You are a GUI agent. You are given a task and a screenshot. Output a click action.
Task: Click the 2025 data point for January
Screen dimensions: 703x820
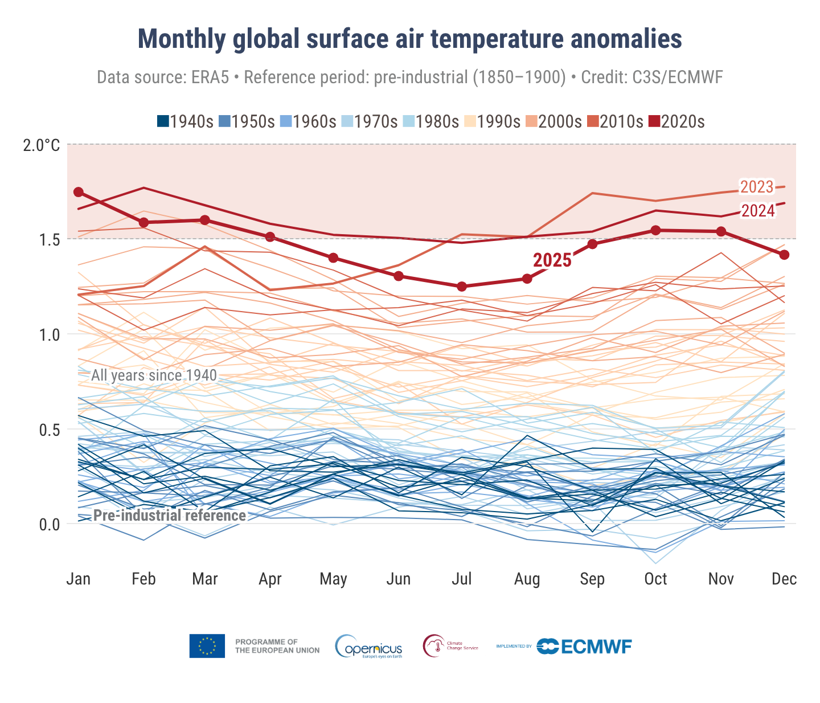click(x=79, y=192)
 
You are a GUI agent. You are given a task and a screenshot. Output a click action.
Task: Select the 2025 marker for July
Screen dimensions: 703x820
click(x=462, y=287)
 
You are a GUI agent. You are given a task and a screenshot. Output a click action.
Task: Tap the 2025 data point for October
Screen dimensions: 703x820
click(x=655, y=230)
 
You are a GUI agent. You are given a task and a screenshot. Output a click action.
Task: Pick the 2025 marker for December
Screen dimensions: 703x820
click(x=784, y=255)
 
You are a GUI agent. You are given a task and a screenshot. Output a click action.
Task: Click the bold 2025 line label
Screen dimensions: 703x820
click(x=552, y=260)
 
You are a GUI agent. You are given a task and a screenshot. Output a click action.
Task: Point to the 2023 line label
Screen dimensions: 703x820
click(x=757, y=187)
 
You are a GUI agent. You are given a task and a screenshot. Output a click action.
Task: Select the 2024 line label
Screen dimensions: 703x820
click(x=758, y=211)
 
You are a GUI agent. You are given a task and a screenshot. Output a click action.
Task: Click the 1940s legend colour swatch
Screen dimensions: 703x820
click(x=163, y=121)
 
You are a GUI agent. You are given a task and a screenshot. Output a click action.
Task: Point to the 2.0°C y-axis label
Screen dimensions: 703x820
click(x=42, y=146)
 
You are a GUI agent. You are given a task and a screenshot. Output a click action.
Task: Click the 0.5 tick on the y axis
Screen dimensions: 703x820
click(x=50, y=429)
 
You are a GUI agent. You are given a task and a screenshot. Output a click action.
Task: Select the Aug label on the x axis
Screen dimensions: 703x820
click(x=527, y=579)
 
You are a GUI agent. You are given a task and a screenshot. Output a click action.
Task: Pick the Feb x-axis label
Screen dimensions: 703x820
click(x=143, y=579)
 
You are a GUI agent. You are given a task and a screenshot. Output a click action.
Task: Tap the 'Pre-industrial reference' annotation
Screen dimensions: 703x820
click(x=170, y=516)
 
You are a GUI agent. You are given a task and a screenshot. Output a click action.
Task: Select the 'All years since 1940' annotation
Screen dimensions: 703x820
click(x=154, y=375)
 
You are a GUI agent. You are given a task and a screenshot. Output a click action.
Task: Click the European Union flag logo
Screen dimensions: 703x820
click(x=207, y=646)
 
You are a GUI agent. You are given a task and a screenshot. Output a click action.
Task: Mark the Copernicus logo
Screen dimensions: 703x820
click(x=369, y=647)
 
